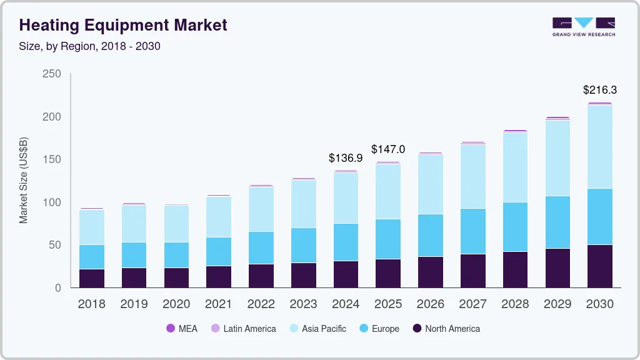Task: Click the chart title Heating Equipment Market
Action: tap(123, 25)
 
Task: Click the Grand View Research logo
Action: tap(583, 27)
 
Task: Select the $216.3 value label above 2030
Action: tap(600, 89)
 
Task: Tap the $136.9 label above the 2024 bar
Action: tap(346, 158)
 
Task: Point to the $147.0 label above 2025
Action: tap(388, 149)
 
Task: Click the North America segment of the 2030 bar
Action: tap(600, 266)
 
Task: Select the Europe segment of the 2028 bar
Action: tap(515, 227)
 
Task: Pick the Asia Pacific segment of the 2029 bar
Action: tap(557, 158)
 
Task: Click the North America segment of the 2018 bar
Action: tap(92, 278)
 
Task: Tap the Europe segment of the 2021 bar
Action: tap(219, 251)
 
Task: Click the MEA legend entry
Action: tap(182, 329)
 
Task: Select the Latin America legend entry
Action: tap(243, 329)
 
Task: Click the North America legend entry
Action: tap(446, 329)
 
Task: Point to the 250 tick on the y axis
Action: tap(52, 74)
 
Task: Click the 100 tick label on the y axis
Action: tap(52, 202)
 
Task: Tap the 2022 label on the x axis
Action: tap(261, 304)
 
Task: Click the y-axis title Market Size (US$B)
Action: tap(24, 181)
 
